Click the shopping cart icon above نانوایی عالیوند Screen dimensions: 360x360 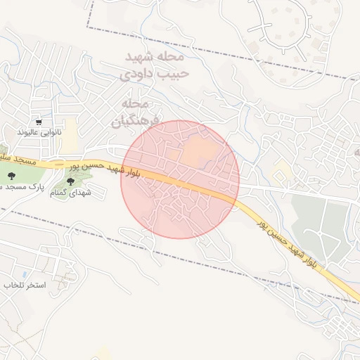click(x=39, y=121)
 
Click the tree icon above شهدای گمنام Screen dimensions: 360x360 click(x=70, y=181)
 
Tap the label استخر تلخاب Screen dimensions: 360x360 click(x=25, y=285)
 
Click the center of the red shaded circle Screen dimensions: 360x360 click(x=180, y=179)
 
